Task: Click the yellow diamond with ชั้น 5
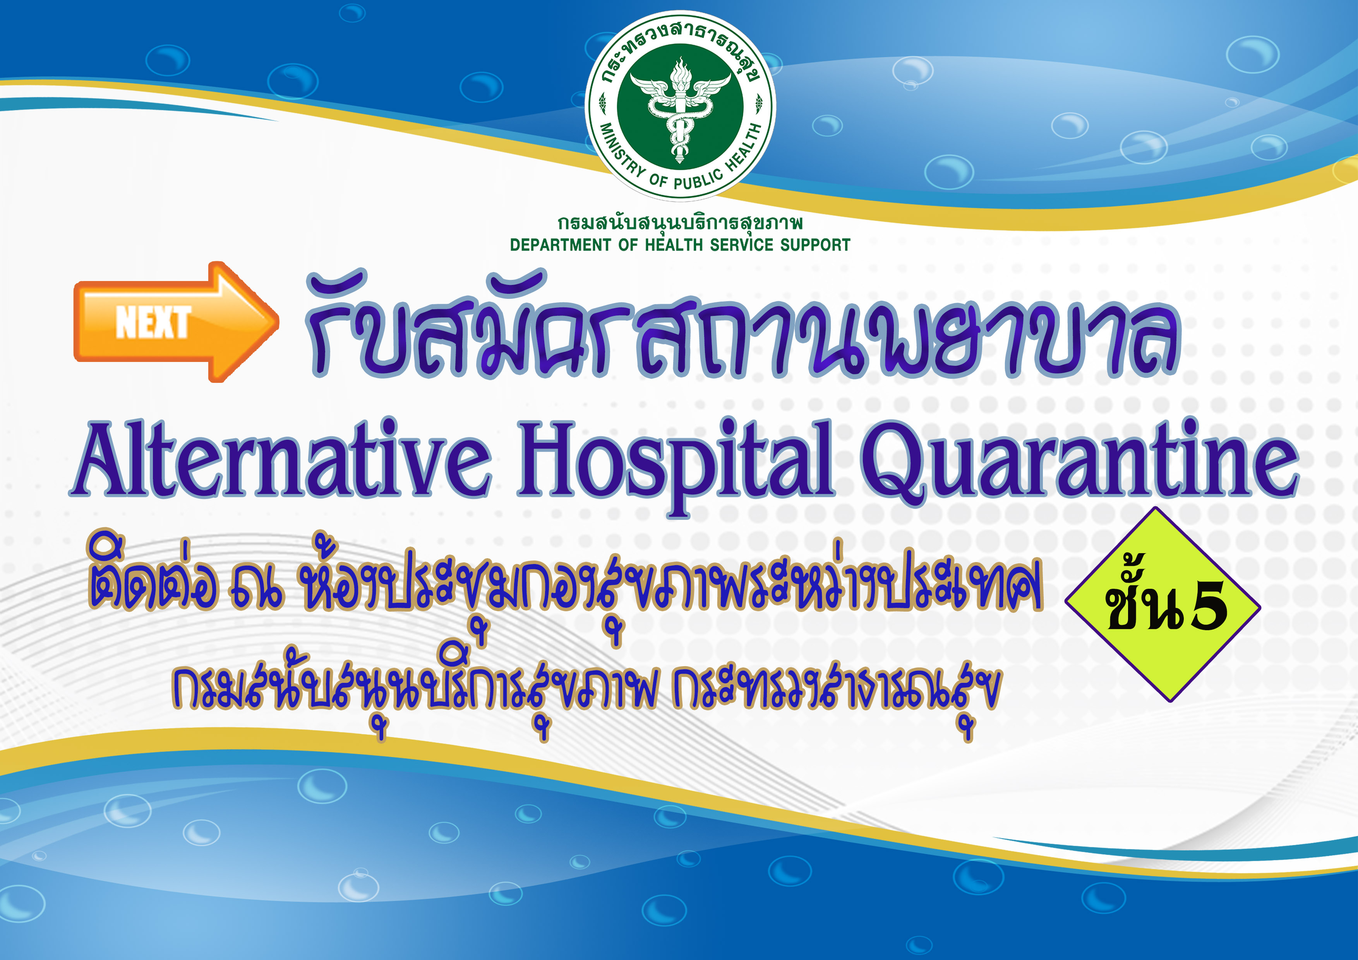[1163, 605]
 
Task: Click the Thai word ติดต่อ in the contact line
[153, 571]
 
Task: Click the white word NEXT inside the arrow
[153, 322]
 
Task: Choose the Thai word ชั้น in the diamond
[1143, 601]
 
